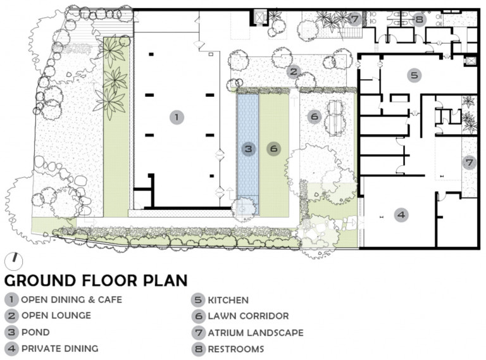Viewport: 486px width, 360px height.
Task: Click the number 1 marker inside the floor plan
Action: (x=177, y=118)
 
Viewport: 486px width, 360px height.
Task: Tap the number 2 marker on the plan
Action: (x=293, y=72)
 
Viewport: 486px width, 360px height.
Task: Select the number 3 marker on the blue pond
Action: (x=249, y=149)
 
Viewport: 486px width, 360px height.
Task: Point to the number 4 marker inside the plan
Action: (x=401, y=214)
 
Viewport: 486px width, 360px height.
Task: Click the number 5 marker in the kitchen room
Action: (x=414, y=75)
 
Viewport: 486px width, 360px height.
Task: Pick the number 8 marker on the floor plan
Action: (x=419, y=20)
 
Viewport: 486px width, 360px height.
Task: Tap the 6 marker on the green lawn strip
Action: (x=273, y=149)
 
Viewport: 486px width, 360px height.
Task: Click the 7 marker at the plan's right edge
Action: (x=470, y=163)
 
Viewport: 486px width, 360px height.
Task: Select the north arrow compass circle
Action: (x=14, y=261)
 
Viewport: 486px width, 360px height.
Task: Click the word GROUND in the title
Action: (x=40, y=280)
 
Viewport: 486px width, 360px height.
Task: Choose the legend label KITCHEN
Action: (x=228, y=300)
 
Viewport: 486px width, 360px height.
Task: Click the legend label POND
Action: (x=35, y=332)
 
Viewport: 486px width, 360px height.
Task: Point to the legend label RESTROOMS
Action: (x=236, y=349)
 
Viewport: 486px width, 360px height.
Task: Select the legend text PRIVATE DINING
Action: (x=60, y=349)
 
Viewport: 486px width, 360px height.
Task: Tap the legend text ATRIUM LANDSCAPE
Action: (x=256, y=333)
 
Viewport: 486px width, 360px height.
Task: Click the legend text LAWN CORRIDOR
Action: (x=248, y=316)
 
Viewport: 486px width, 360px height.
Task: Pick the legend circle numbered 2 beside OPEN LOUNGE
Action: (x=11, y=316)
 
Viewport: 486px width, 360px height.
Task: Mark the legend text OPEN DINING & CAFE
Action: (x=72, y=300)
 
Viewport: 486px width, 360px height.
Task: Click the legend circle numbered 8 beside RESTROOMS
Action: (x=198, y=349)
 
